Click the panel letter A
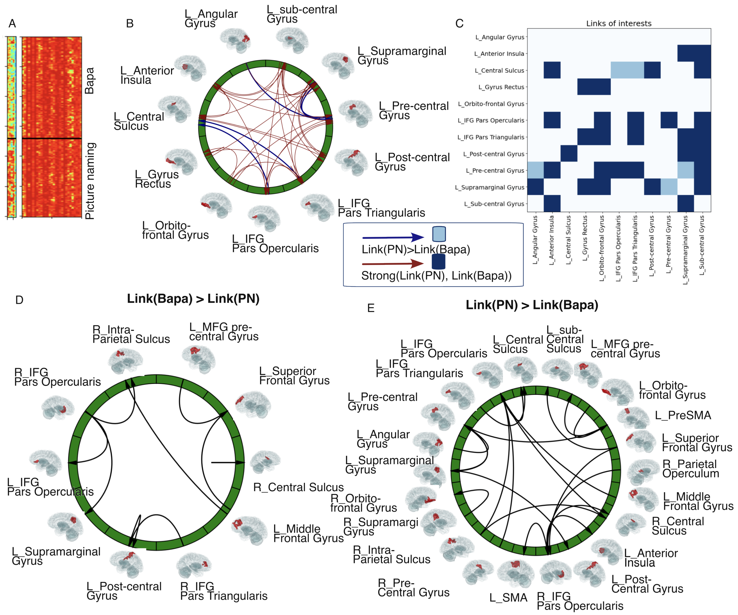click(12, 23)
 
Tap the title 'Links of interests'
click(619, 23)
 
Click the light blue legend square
click(439, 234)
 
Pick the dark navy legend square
click(438, 262)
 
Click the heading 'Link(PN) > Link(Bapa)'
click(532, 305)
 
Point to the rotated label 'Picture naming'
click(90, 181)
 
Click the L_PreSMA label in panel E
click(683, 416)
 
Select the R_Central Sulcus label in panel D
click(298, 487)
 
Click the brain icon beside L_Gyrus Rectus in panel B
click(181, 161)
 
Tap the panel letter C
click(459, 23)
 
